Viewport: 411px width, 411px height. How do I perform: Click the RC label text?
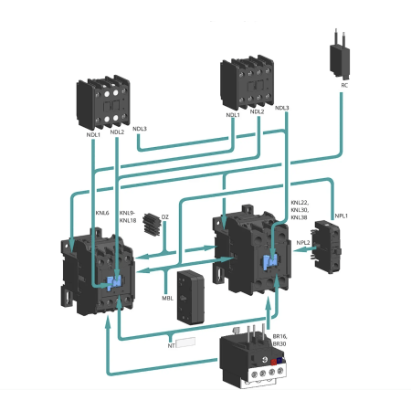pos(344,86)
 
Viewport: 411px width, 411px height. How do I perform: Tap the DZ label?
pos(164,217)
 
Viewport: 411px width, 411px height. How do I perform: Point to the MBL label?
pos(167,299)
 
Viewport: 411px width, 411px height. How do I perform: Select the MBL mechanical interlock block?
pos(191,297)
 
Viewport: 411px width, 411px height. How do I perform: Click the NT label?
pos(171,346)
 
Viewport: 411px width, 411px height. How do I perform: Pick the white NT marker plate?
pos(185,342)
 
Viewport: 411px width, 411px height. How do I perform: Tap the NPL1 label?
pos(342,216)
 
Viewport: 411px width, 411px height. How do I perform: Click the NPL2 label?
pos(303,243)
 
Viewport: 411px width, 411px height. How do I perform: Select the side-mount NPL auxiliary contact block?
pos(328,247)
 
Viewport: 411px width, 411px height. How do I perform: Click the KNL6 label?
pos(102,213)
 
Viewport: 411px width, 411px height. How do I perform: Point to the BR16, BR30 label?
pos(279,340)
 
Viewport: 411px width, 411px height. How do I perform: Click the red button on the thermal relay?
pos(273,362)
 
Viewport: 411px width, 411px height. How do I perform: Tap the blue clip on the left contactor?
pos(114,282)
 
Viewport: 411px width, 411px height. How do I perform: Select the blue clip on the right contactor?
pos(270,262)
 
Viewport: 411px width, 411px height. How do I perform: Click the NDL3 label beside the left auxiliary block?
pos(140,129)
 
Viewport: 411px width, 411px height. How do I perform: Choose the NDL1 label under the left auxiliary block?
pos(93,134)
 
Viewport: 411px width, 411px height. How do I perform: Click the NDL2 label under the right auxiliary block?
pos(257,111)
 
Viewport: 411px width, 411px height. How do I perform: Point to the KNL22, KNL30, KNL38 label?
pos(300,210)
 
